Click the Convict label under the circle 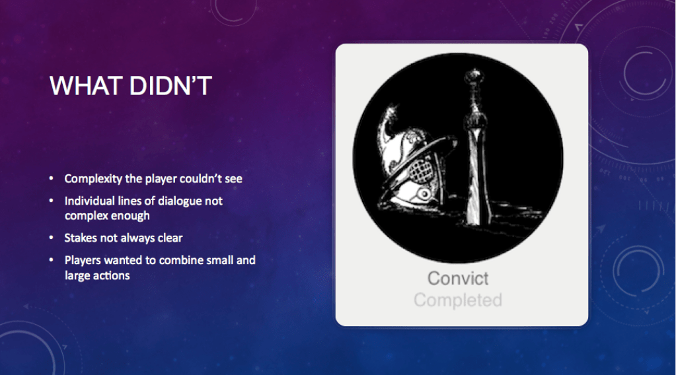[x=457, y=278]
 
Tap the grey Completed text [x=457, y=300]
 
